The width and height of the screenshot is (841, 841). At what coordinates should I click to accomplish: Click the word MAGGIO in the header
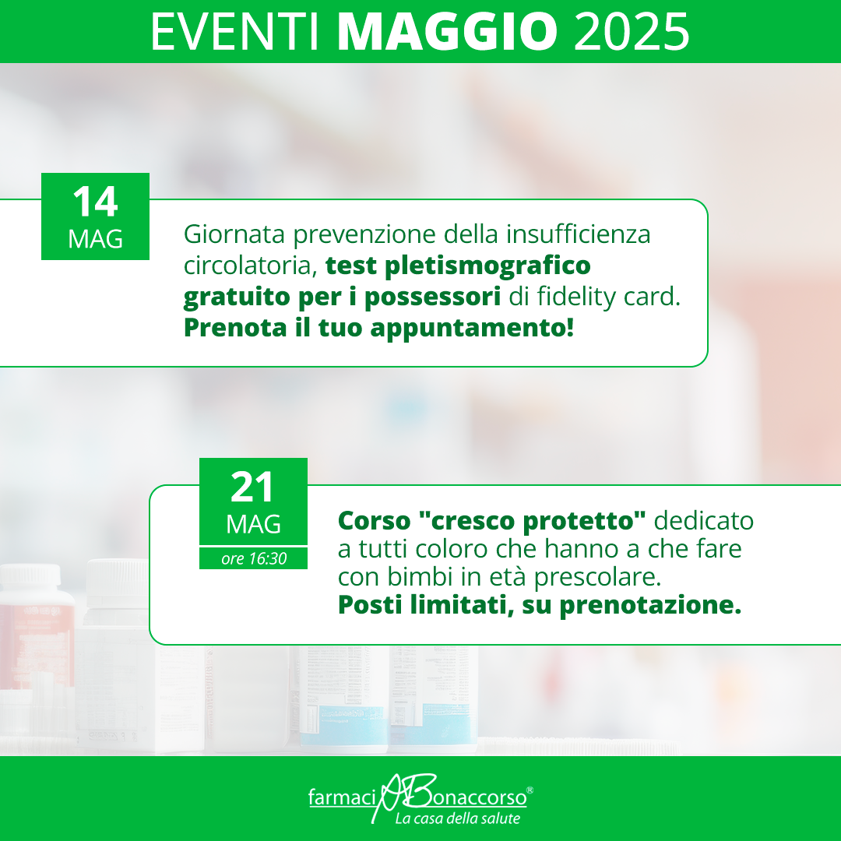[447, 32]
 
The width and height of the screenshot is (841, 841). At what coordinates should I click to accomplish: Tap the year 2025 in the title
[632, 32]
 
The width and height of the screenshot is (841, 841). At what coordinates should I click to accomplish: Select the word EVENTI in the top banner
[235, 32]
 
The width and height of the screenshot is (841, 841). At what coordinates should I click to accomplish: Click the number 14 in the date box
[95, 202]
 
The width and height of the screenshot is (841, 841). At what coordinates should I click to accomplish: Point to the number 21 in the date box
[252, 487]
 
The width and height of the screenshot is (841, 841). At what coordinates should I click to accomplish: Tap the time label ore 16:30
[254, 559]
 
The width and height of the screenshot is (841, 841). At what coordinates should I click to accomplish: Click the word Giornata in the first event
[234, 234]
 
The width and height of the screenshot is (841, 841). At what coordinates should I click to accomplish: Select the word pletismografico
[487, 266]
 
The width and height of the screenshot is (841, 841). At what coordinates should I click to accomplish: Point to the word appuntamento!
[472, 329]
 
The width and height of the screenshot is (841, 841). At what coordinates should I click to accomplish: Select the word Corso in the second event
[375, 520]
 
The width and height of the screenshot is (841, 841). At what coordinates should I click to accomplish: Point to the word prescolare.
[597, 577]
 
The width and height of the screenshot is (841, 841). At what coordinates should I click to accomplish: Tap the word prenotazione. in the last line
[650, 606]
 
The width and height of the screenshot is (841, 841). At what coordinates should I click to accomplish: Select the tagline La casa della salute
[458, 818]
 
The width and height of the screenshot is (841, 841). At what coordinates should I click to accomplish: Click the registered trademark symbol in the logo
[530, 790]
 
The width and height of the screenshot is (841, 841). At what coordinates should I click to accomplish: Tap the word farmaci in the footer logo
[343, 797]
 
